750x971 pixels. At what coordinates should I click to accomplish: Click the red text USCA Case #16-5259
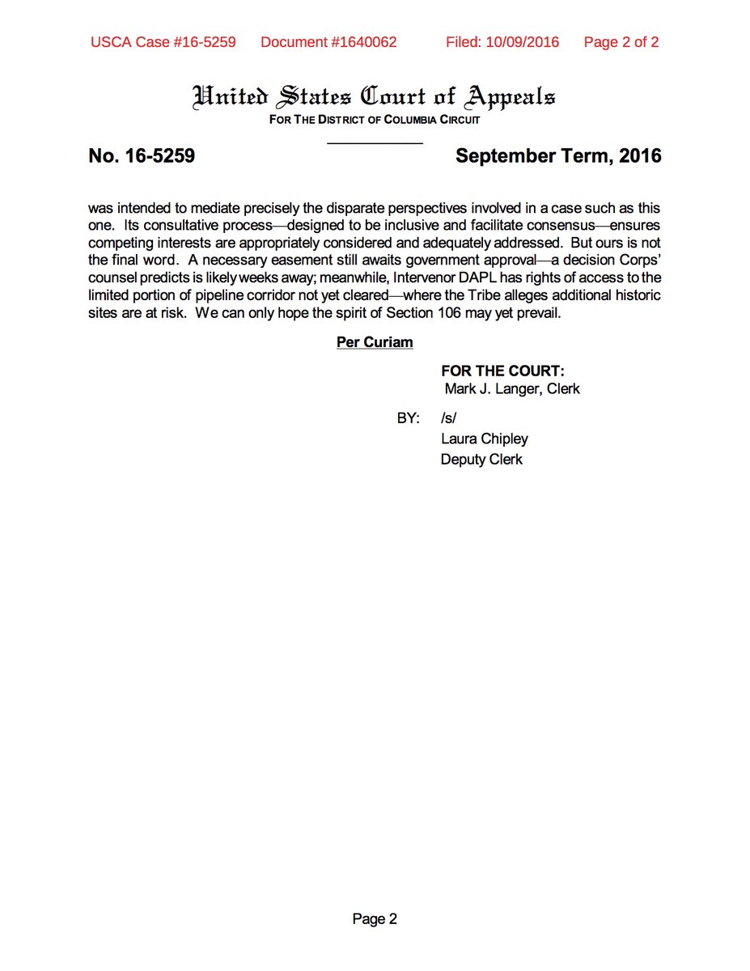click(x=163, y=42)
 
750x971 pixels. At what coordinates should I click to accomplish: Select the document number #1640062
click(x=328, y=42)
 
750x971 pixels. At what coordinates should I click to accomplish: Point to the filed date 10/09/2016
click(x=502, y=42)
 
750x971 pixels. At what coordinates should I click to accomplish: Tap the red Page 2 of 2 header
click(x=621, y=42)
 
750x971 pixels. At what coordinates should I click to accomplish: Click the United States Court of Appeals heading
click(x=374, y=97)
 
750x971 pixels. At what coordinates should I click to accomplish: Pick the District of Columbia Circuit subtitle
click(x=374, y=120)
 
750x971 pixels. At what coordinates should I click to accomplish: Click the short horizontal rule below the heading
click(x=375, y=143)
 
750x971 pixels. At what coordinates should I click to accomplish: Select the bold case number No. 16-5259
click(x=142, y=156)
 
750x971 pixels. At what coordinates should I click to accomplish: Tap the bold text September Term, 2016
click(x=558, y=156)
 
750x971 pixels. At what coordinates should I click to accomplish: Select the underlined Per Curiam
click(x=375, y=342)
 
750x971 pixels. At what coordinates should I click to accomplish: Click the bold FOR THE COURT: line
click(x=502, y=371)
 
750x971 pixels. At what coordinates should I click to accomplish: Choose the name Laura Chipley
click(x=484, y=439)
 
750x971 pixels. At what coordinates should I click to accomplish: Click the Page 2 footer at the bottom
click(x=375, y=918)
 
